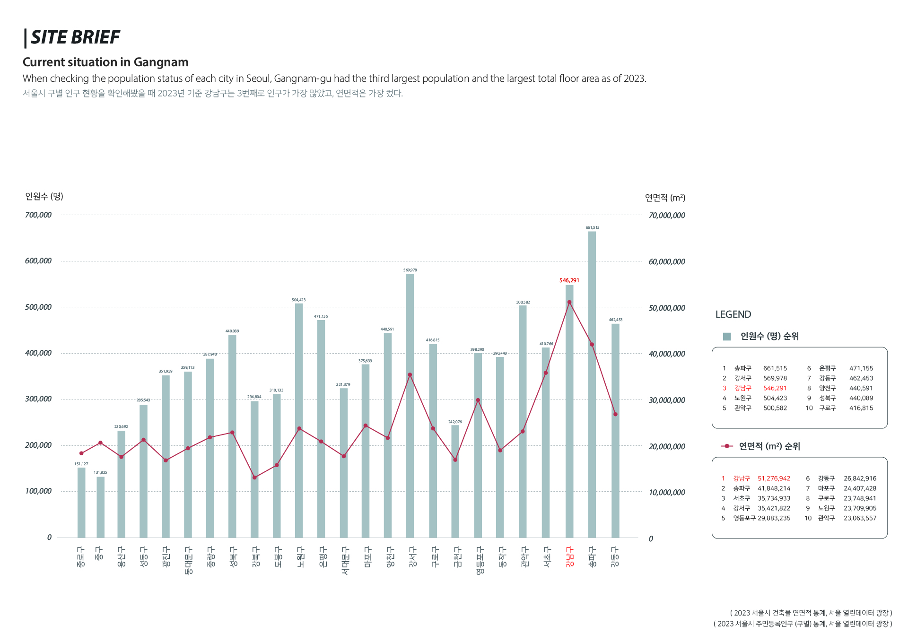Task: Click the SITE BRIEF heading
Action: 75,37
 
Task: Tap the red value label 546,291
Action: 569,280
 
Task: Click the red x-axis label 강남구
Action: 569,556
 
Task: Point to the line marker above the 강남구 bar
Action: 569,302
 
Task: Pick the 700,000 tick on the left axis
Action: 38,215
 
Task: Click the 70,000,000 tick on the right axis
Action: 667,216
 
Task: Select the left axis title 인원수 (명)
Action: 44,196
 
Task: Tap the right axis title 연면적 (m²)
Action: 665,198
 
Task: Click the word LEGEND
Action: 733,314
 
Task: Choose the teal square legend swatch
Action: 727,336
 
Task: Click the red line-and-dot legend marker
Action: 727,446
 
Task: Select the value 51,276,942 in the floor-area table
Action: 774,478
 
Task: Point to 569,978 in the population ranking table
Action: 775,378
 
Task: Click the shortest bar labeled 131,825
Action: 101,507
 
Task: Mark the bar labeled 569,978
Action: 410,406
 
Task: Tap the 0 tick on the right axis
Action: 651,539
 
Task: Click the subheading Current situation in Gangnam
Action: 105,62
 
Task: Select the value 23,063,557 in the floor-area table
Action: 860,518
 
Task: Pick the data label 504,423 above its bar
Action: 298,300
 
